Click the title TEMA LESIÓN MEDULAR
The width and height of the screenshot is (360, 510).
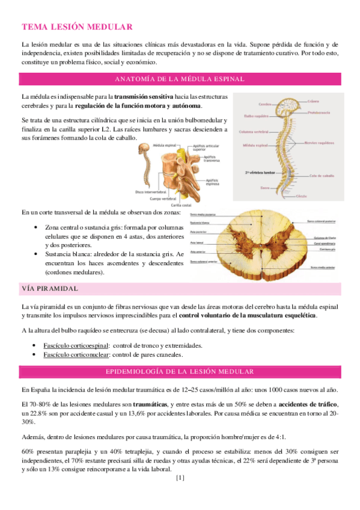coord(76,27)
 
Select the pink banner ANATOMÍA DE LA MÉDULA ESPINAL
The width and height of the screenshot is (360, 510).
coord(179,79)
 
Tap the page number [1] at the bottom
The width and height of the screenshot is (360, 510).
coord(179,479)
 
